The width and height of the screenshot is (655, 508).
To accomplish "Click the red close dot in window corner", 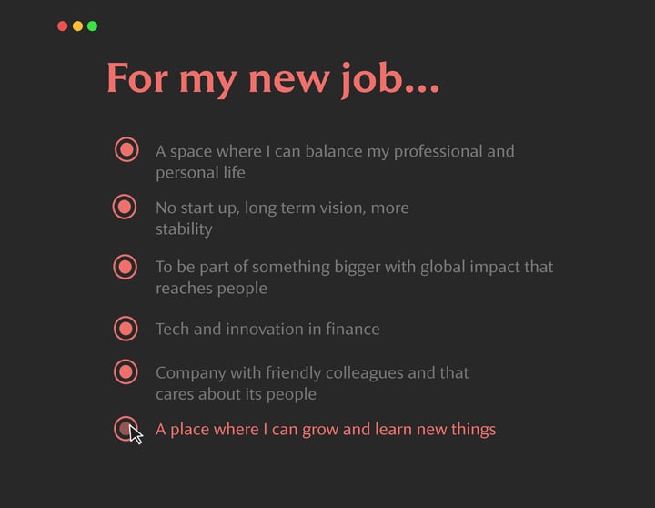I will click(62, 26).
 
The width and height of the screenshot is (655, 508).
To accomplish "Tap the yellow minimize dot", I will click(77, 26).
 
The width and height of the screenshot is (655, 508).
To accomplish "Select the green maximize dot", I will click(92, 26).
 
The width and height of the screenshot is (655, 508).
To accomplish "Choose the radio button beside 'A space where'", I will click(126, 149).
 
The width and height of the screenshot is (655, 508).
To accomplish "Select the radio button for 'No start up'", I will click(125, 207).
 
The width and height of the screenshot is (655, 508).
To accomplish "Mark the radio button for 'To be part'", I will click(125, 267).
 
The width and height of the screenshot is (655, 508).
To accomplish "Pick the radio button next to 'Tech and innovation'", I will click(126, 328).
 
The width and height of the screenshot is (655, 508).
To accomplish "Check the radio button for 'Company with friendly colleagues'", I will click(126, 371).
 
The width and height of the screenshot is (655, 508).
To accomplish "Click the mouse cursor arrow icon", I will click(136, 433).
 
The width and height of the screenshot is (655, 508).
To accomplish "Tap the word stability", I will click(184, 229).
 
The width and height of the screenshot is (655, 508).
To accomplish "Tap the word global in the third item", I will click(465, 267).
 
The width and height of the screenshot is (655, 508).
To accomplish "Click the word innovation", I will click(272, 329).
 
